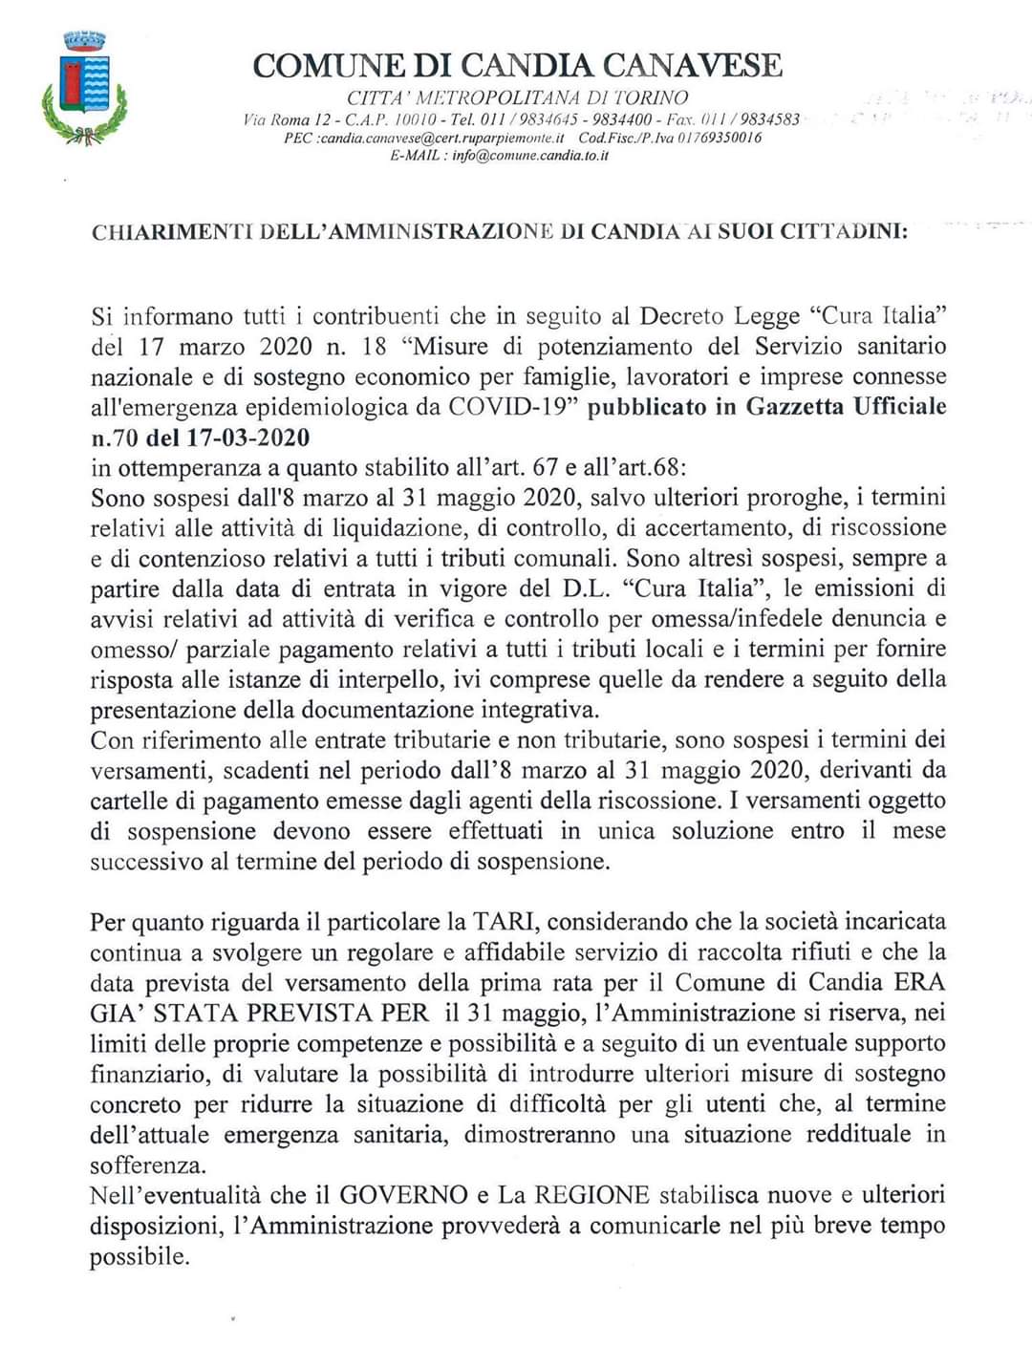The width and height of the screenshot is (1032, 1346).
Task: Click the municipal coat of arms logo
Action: (x=84, y=88)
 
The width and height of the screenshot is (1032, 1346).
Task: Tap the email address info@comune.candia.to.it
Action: (x=530, y=155)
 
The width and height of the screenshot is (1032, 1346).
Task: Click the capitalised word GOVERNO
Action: (x=403, y=1195)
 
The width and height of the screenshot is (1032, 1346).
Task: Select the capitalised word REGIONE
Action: (x=591, y=1195)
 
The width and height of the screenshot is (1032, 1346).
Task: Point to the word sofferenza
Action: (x=147, y=1165)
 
